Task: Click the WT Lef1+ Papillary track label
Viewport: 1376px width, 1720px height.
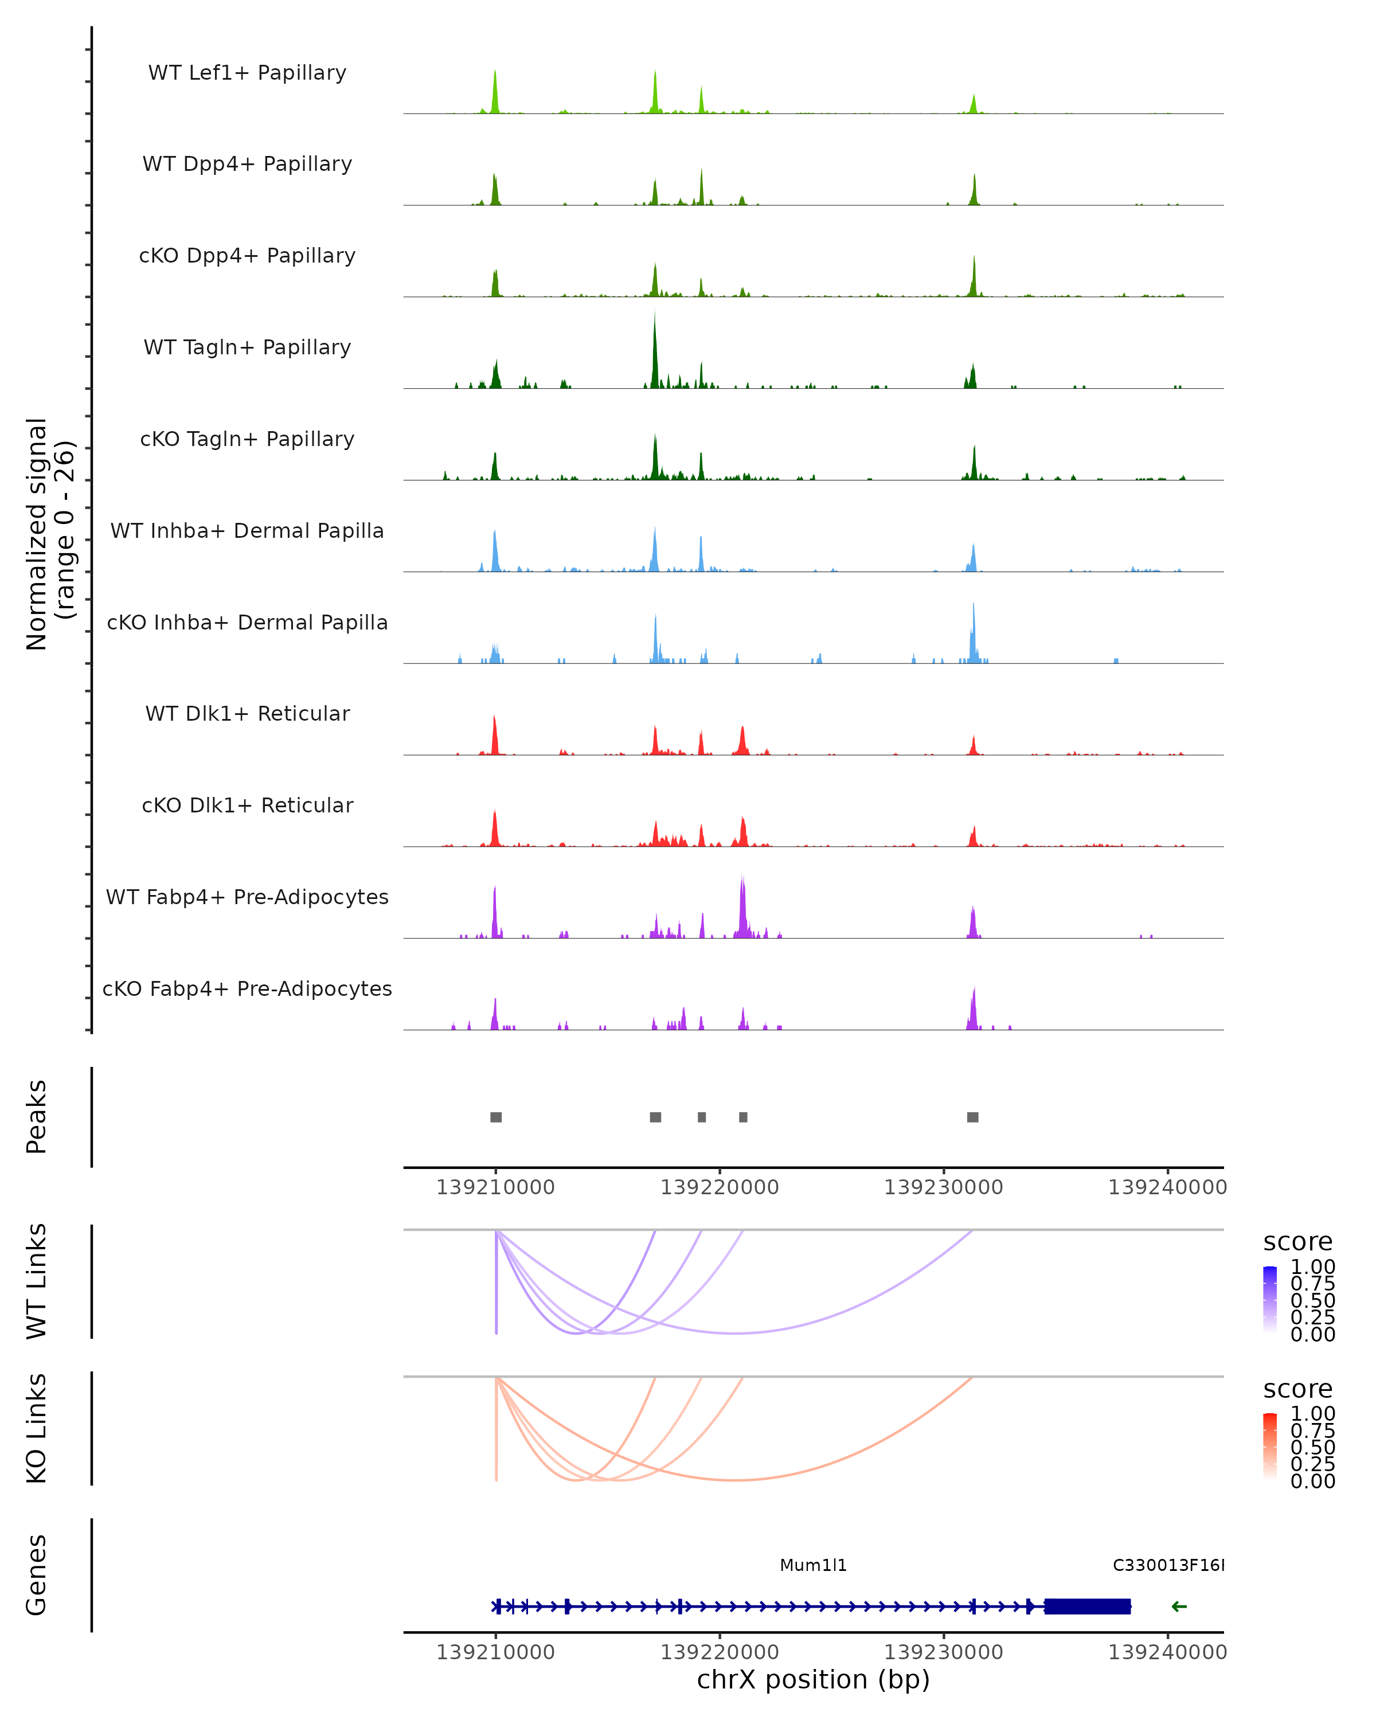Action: coord(247,73)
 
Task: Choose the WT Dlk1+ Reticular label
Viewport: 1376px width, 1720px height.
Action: coord(247,713)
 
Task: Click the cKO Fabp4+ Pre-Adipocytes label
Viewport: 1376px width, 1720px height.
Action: coord(247,988)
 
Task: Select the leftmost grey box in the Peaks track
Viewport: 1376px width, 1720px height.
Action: coord(496,1117)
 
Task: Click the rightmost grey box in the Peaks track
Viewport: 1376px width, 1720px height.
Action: coord(972,1117)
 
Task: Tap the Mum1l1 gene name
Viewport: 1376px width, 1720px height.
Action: coord(813,1565)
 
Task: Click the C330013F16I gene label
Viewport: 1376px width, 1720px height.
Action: coord(1168,1565)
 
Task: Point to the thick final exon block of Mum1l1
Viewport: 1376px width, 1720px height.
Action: coord(1087,1606)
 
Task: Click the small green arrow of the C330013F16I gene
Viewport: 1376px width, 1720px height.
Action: coord(1179,1606)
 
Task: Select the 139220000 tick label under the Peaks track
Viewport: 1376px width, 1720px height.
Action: coord(720,1187)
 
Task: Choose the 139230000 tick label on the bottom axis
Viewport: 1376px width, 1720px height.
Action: coord(944,1652)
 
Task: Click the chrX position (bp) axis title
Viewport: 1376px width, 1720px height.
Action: coord(813,1680)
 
